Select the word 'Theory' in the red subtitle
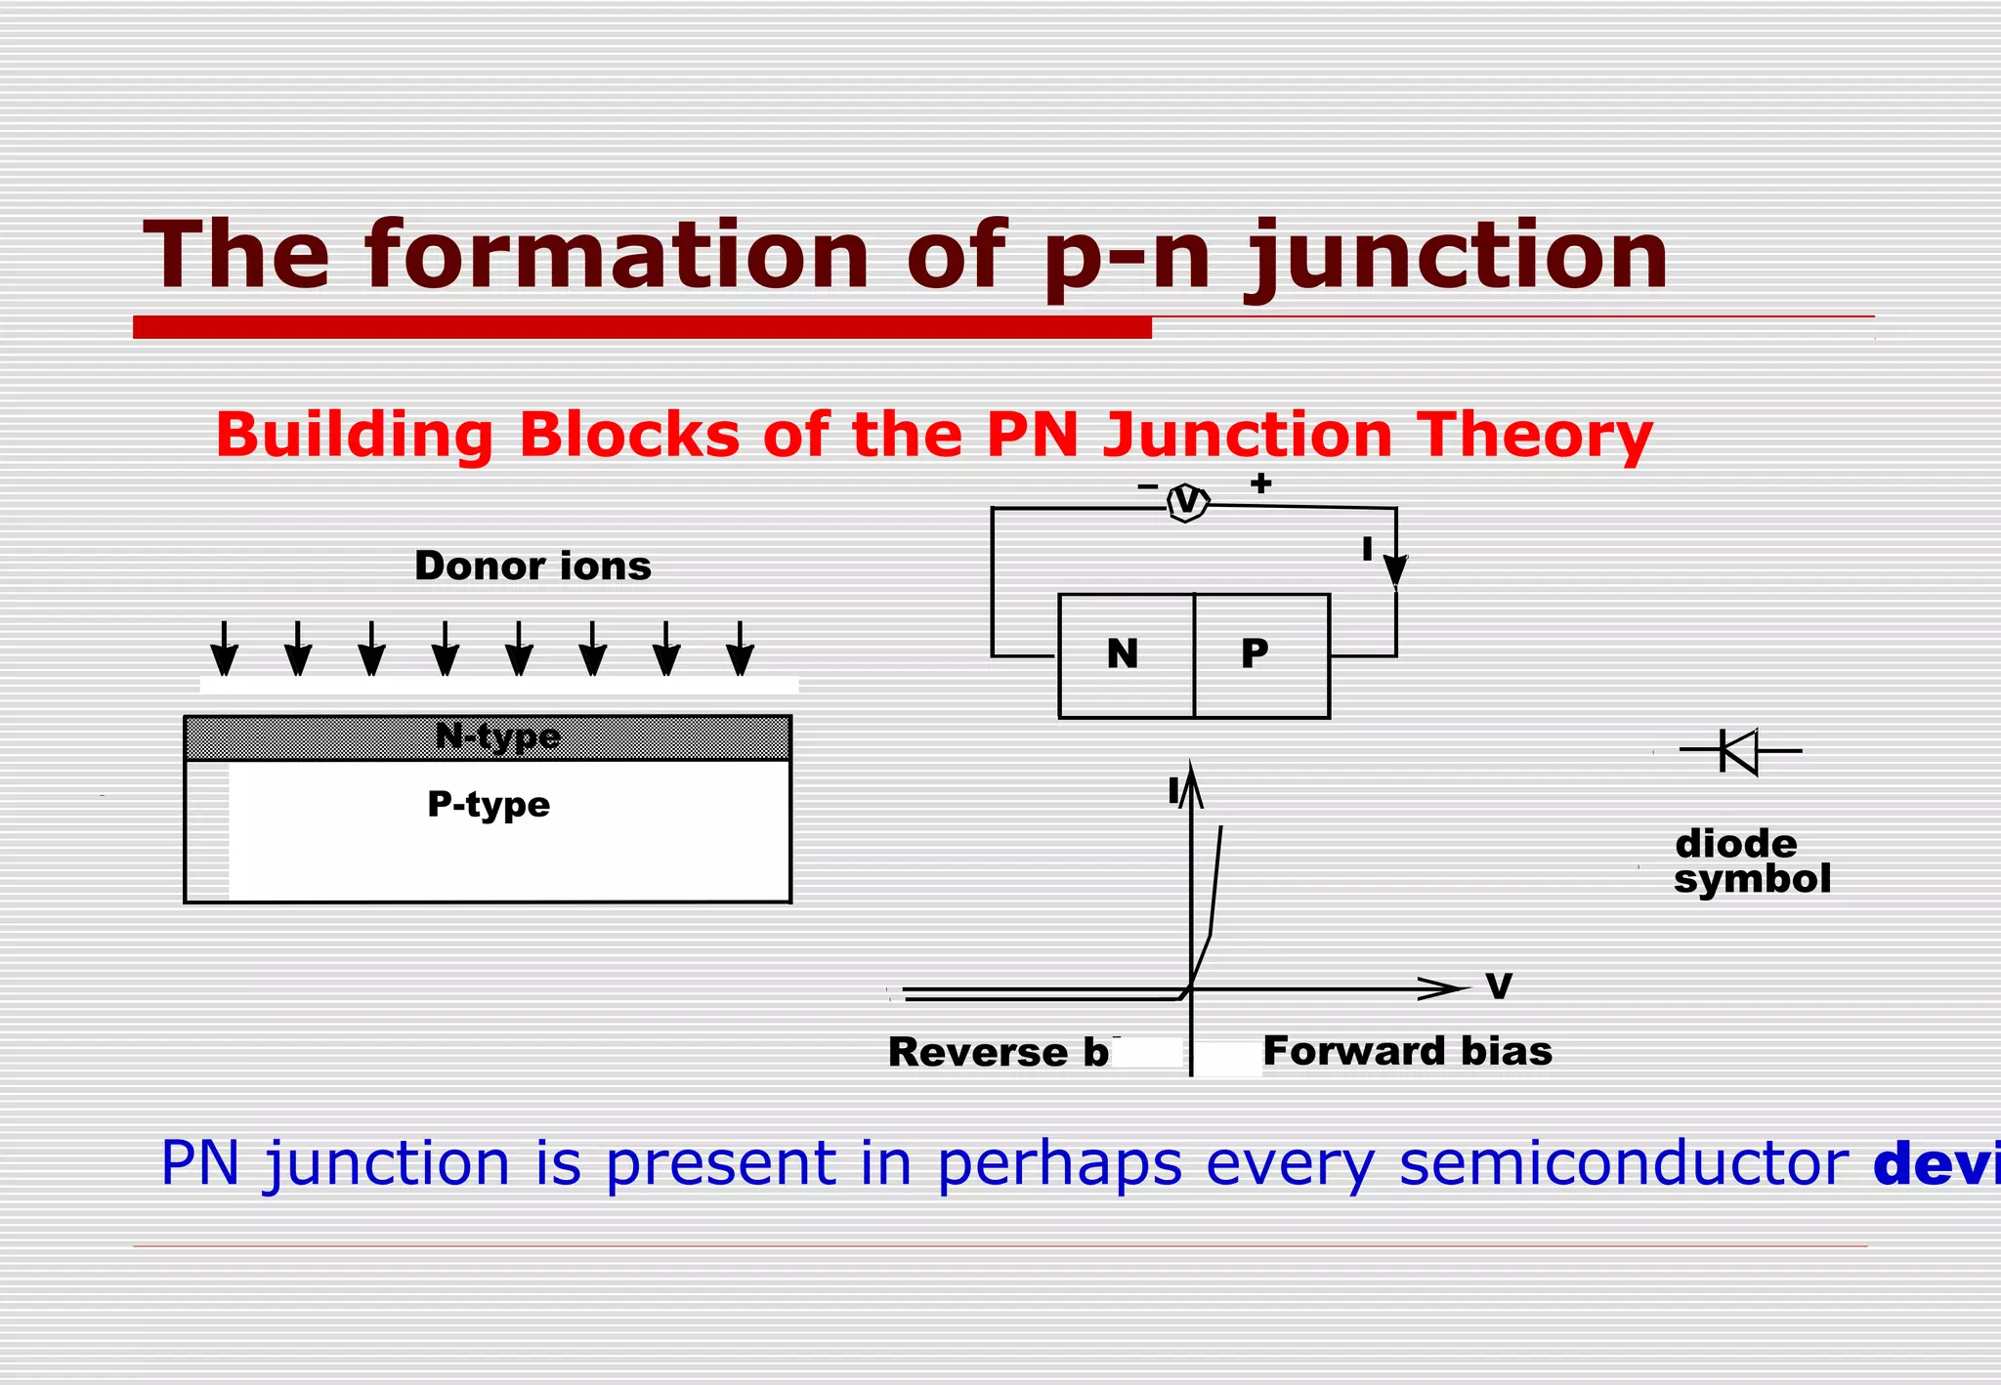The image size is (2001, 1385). click(1534, 435)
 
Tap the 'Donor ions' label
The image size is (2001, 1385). click(532, 567)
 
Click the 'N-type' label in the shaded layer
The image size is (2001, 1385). click(497, 736)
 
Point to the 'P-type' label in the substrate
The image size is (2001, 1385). click(489, 805)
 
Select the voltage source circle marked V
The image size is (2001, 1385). click(1188, 502)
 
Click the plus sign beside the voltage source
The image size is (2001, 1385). click(1261, 483)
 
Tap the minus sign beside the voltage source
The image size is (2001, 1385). click(1148, 485)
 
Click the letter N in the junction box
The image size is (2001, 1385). click(1123, 653)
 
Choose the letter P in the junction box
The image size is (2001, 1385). click(1255, 652)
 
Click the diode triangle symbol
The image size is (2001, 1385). click(1739, 751)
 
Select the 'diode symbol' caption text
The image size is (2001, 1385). click(1751, 861)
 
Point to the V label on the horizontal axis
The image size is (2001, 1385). click(1498, 986)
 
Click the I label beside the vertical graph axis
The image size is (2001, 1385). click(1173, 791)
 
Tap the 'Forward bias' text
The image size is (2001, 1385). click(1407, 1052)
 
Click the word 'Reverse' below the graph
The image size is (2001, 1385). click(978, 1053)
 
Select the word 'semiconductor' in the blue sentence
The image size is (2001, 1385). click(1624, 1163)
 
